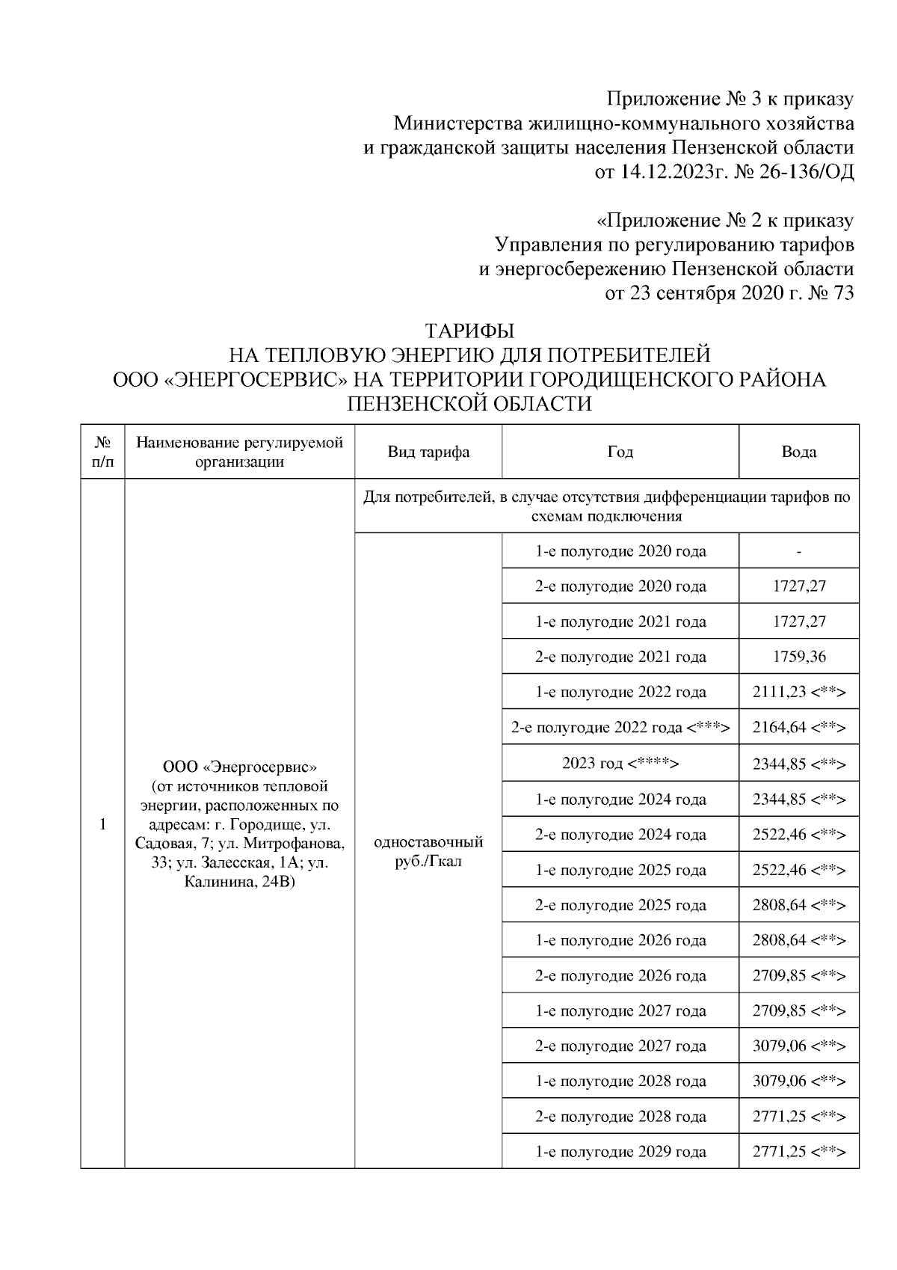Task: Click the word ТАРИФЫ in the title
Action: pos(469,330)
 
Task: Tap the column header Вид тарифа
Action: pos(428,452)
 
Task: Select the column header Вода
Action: pos(799,452)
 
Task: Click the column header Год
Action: pos(620,452)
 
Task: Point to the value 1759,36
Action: pos(799,657)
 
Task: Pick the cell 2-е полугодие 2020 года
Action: pos(620,586)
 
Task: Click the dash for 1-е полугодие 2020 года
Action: pos(799,552)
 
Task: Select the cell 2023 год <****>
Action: pos(620,764)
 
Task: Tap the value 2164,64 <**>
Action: pos(799,727)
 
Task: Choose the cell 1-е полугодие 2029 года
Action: pos(620,1152)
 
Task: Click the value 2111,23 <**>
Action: pos(799,692)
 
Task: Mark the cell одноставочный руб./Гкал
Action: pos(428,851)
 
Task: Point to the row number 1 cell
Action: pos(102,824)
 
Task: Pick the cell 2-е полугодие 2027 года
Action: pos(620,1046)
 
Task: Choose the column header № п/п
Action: pos(102,452)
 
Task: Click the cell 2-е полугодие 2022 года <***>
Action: pos(620,727)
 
